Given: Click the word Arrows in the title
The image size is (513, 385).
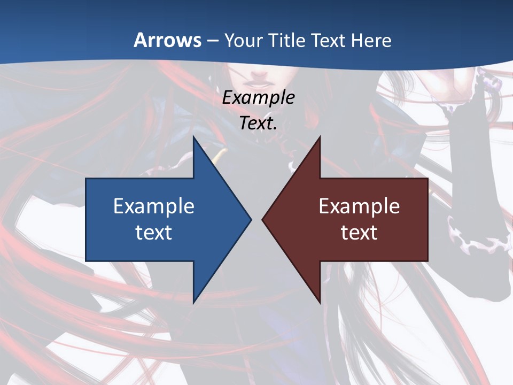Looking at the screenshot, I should (167, 40).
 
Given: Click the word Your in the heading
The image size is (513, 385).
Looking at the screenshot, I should (242, 40).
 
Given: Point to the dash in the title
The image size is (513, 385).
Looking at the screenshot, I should (212, 41).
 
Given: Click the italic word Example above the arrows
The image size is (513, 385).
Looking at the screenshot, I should (258, 98).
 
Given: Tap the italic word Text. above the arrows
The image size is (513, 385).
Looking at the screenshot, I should (259, 124).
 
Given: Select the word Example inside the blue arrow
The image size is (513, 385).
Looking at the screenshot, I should (154, 206).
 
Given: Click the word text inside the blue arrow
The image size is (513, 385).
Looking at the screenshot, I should (154, 233).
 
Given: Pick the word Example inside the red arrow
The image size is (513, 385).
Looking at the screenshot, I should (359, 206).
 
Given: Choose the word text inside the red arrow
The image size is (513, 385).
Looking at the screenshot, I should (359, 233).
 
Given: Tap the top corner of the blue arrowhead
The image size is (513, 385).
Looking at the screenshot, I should (193, 138).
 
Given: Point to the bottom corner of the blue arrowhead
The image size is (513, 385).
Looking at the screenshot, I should (193, 302).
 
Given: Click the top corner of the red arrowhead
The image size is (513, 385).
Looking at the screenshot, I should (320, 138).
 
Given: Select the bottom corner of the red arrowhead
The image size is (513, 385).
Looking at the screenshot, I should (320, 302).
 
